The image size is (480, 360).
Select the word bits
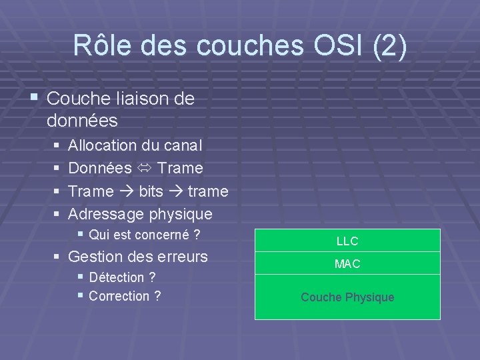[151, 192]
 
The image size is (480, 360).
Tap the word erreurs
[183, 256]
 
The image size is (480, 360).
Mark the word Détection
[116, 277]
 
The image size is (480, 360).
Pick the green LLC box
[347, 241]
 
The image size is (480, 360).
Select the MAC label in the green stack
[347, 265]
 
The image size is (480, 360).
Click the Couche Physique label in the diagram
[347, 297]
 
